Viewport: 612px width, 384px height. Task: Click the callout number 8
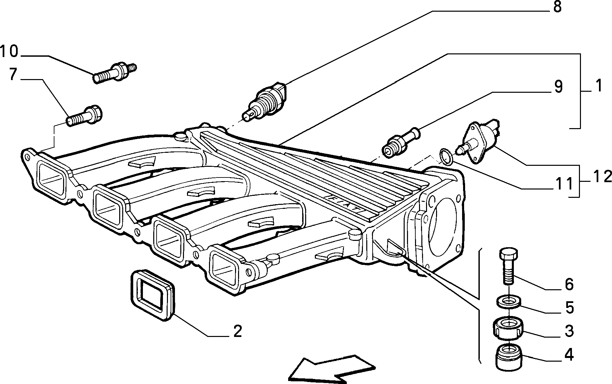point(557,7)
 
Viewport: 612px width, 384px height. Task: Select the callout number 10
point(9,52)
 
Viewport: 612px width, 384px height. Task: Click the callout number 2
point(237,331)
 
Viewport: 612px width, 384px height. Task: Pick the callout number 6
point(569,284)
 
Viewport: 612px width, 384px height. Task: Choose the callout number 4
point(569,355)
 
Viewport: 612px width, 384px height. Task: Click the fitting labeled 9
point(402,142)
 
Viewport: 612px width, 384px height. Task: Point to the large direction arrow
point(332,368)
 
